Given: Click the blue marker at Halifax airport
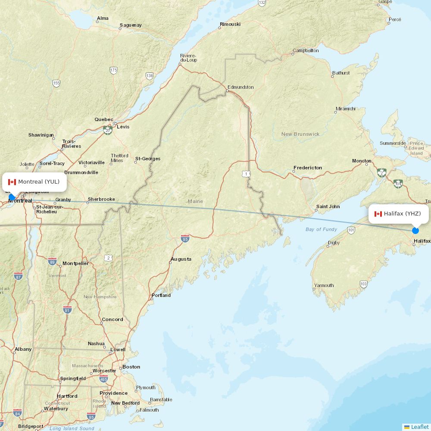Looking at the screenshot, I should point(415,230).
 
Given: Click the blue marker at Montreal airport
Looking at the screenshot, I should point(12,197).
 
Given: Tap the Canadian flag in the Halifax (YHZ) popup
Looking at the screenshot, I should point(378,214).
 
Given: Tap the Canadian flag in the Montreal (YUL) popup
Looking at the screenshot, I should point(12,182).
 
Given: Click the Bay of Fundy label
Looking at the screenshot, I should point(321,229).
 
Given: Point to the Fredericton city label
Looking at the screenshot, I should point(307,168).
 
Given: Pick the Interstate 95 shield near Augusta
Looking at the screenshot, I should point(185,238).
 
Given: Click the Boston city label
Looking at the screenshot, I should point(131,367).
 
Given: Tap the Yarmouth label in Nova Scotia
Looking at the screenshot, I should point(324,285).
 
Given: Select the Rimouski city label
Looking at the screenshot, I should point(230,24).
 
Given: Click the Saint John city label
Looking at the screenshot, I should point(328,206).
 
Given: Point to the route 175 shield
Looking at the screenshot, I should point(113,70).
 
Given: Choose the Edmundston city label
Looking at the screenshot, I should point(240,87).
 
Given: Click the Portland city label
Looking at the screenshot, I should point(161,295).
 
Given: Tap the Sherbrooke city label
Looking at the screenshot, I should point(101,199).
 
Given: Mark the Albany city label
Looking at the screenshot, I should point(23,349).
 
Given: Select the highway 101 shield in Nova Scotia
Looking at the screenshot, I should point(351,230).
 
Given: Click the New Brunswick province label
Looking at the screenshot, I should point(300,134).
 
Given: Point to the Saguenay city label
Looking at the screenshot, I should point(131,25).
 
